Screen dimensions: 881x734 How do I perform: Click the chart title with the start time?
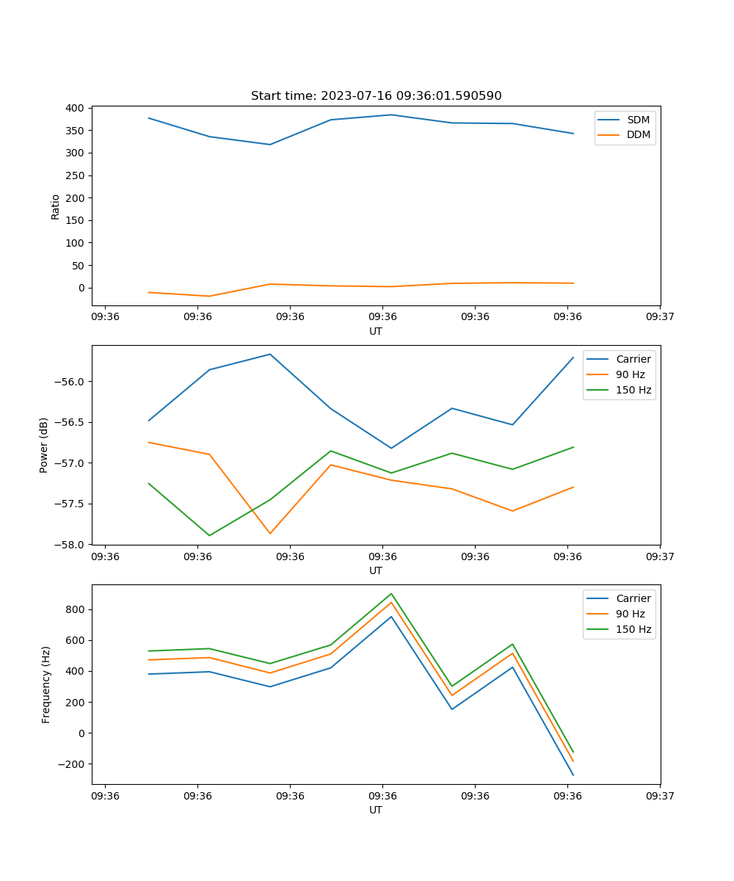376,96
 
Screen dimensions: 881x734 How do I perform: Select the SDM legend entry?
638,120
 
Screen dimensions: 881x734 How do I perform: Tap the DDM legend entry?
638,134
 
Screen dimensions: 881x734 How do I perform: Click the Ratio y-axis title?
56,206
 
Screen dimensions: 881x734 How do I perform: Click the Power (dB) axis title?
44,445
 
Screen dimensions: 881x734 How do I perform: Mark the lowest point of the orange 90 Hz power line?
270,534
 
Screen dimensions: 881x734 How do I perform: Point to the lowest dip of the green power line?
209,535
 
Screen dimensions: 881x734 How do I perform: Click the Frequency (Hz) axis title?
46,684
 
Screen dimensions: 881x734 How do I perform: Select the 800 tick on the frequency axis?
76,609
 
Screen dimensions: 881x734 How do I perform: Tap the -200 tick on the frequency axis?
73,764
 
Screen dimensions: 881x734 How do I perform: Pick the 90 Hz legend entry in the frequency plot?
631,614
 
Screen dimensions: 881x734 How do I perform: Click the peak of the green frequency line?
391,594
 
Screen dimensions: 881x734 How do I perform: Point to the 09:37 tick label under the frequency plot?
659,796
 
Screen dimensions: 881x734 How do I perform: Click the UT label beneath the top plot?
376,331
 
